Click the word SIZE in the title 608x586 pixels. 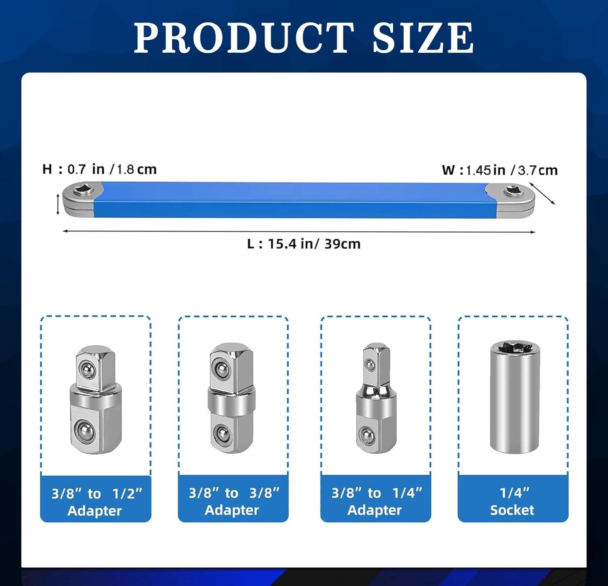(423, 37)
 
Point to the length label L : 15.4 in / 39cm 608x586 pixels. (304, 244)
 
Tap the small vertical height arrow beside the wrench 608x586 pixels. (58, 204)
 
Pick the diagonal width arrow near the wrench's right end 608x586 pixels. (542, 193)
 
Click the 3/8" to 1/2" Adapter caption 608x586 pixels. (96, 502)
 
